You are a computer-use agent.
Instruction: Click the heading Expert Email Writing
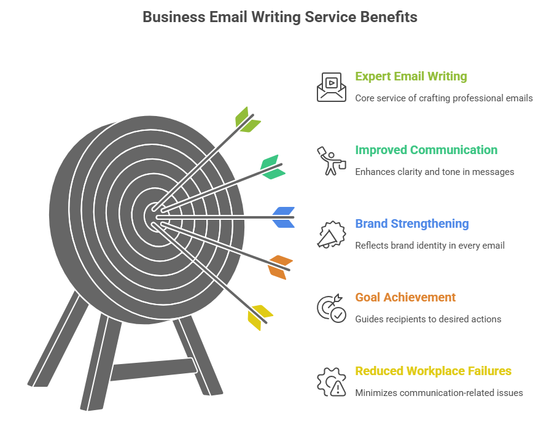click(x=411, y=76)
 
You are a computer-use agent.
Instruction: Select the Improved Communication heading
click(x=426, y=150)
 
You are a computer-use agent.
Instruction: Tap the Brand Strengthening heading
click(x=412, y=223)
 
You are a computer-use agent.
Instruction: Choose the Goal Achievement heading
click(x=405, y=297)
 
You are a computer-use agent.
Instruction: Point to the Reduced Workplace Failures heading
click(x=434, y=371)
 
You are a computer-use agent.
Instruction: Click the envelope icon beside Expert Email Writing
click(x=332, y=87)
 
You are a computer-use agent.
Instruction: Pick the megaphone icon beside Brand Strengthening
click(x=332, y=235)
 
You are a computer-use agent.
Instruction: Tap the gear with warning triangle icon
click(x=332, y=382)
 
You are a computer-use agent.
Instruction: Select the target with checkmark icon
click(x=332, y=308)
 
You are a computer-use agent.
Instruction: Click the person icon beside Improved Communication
click(x=332, y=161)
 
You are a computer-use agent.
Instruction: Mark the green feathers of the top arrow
click(x=247, y=120)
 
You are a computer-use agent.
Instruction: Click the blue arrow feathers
click(x=284, y=217)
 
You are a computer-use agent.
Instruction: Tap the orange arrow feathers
click(x=281, y=266)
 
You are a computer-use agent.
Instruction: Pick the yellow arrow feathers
click(x=260, y=317)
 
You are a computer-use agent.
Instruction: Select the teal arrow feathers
click(x=273, y=167)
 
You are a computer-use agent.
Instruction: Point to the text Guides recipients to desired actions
click(x=428, y=319)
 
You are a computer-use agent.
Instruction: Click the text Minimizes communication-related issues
click(x=439, y=393)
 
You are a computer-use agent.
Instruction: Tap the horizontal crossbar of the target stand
click(x=154, y=369)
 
